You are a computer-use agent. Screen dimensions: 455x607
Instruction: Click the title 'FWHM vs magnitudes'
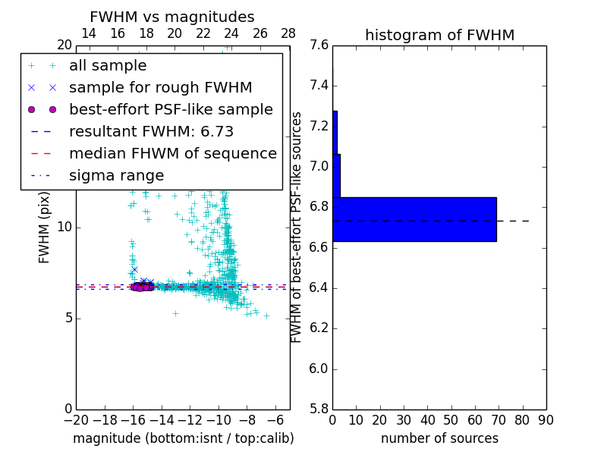click(171, 17)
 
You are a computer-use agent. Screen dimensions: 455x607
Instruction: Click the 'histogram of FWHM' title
click(439, 35)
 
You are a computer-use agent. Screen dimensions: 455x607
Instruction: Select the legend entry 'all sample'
click(108, 66)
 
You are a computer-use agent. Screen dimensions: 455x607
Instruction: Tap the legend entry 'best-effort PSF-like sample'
click(171, 110)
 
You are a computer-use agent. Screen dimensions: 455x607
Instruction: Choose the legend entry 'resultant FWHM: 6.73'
click(151, 132)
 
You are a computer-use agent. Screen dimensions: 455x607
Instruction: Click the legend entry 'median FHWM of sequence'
click(172, 154)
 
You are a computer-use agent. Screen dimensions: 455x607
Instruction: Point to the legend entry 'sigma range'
click(116, 176)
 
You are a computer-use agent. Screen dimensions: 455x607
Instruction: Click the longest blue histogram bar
click(414, 219)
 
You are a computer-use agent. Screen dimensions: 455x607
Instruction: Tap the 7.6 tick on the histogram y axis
click(319, 45)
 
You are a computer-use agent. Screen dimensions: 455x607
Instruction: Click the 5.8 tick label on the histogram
click(319, 409)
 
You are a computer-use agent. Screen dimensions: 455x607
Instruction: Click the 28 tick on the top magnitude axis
click(288, 33)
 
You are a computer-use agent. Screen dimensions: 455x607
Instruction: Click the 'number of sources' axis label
click(439, 438)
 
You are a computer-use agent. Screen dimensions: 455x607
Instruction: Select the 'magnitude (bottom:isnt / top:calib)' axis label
click(183, 438)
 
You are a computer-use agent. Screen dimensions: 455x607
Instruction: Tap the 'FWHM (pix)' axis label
click(45, 228)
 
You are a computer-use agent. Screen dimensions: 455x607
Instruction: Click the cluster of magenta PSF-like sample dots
click(141, 287)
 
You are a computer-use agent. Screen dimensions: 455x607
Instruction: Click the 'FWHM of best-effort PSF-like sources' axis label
click(297, 227)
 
